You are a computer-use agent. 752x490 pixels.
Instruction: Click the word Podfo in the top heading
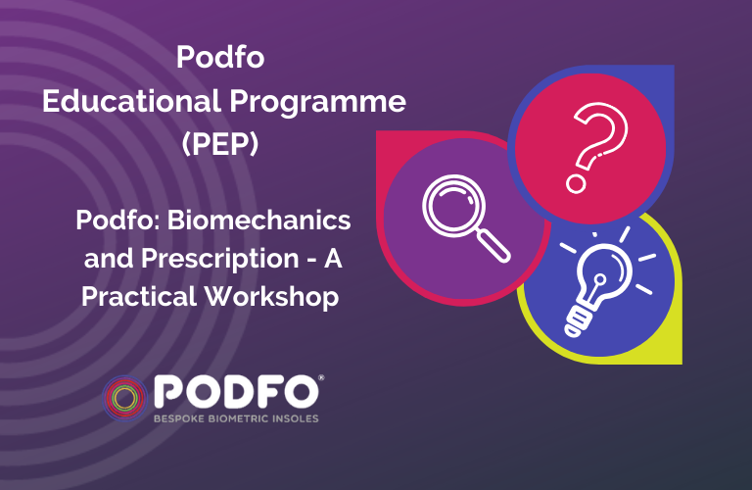[220, 57]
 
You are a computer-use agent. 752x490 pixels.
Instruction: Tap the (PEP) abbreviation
[220, 143]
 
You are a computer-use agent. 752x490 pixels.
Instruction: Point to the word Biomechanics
[258, 220]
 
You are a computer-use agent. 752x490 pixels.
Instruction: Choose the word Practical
[139, 296]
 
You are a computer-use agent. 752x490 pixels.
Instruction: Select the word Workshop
[272, 298]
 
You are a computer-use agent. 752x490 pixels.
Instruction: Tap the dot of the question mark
[576, 184]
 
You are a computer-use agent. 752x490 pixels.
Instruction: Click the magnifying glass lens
[454, 206]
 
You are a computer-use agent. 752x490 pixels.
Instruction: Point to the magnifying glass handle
[493, 246]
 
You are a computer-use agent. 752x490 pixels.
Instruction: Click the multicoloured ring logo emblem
[124, 398]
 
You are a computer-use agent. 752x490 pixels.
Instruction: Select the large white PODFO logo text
[236, 392]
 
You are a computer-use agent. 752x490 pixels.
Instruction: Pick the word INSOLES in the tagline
[296, 419]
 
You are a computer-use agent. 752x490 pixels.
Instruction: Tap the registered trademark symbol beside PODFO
[321, 378]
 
